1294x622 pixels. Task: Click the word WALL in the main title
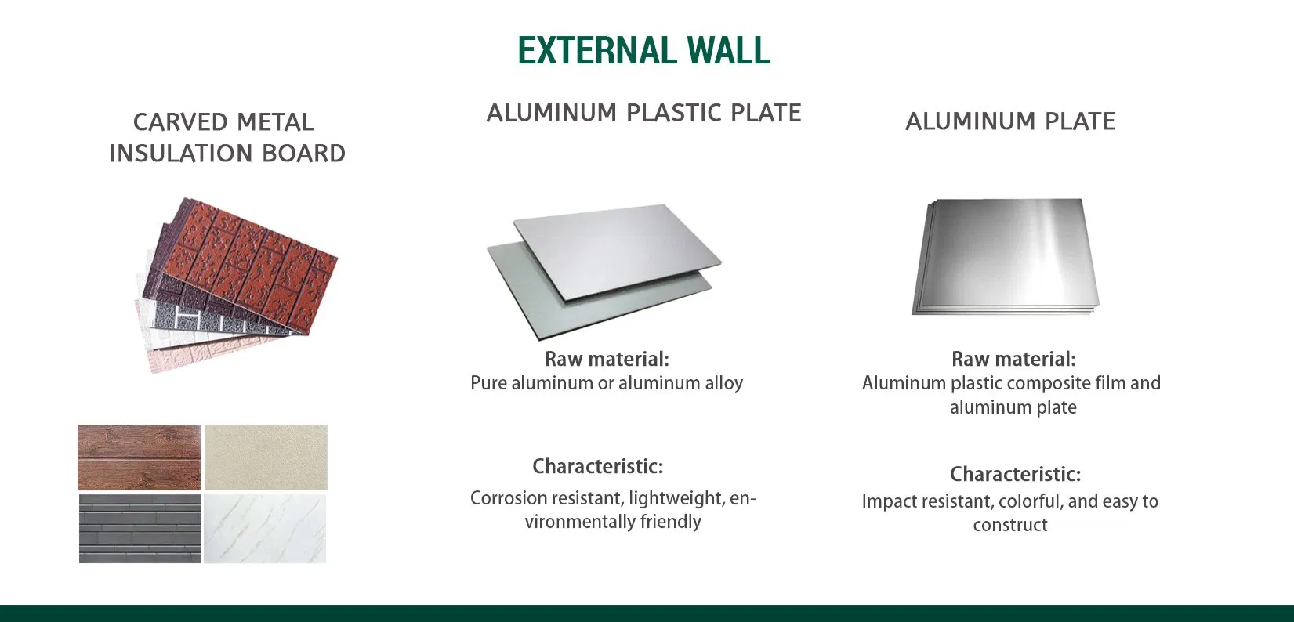click(x=729, y=51)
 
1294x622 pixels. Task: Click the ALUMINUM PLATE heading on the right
click(x=1010, y=121)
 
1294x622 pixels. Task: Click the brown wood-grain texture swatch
click(x=140, y=457)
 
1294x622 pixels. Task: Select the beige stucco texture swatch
click(x=266, y=457)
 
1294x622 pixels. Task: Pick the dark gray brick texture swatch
click(x=140, y=529)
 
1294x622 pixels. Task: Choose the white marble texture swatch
click(x=265, y=529)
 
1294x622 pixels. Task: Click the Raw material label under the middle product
click(x=607, y=360)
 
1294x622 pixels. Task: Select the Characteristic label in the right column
click(x=1015, y=475)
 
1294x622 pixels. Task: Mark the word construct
click(x=1009, y=525)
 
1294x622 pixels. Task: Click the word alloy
click(x=723, y=383)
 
